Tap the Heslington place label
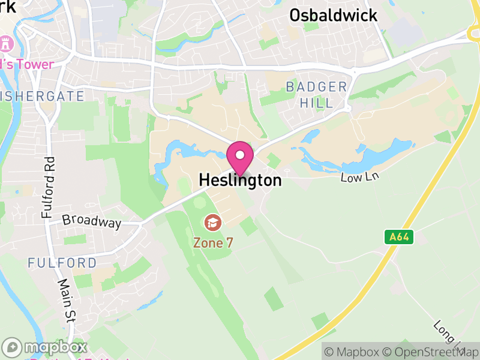(x=239, y=180)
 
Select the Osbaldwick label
(x=334, y=15)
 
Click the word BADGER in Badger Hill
(x=316, y=87)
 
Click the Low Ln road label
(x=361, y=177)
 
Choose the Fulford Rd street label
(x=49, y=187)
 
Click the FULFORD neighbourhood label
(x=62, y=263)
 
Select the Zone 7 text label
(x=212, y=242)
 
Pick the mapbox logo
(x=45, y=347)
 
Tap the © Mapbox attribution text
(x=355, y=352)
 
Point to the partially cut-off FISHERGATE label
(x=42, y=96)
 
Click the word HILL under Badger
(x=317, y=103)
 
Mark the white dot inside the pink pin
(x=240, y=155)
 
